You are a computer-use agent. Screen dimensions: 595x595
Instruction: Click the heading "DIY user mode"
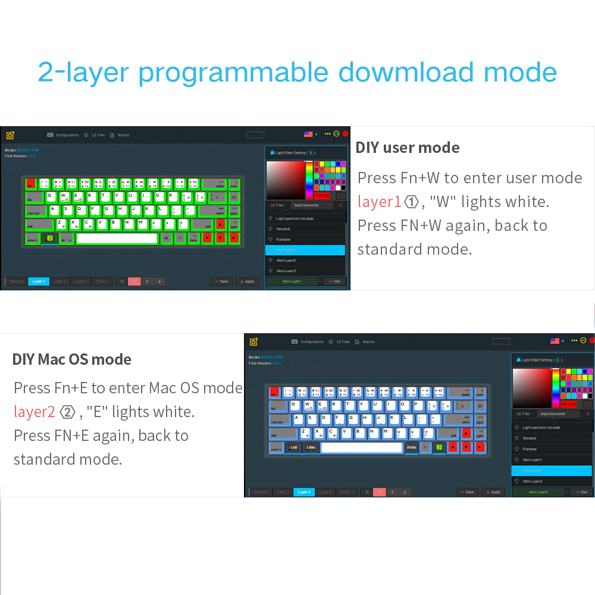pos(408,148)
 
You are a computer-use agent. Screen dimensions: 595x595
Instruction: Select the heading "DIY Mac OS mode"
pos(72,359)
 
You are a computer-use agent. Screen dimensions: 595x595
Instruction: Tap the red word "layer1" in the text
pos(379,202)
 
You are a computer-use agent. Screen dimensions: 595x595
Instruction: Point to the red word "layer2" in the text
pos(35,412)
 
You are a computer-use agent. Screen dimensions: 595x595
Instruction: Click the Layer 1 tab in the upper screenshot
pos(39,281)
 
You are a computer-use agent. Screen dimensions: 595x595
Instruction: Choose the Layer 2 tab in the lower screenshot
pos(304,492)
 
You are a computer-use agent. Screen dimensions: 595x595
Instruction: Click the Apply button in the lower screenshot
pos(493,492)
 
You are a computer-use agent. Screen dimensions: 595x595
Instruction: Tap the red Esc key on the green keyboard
pos(30,183)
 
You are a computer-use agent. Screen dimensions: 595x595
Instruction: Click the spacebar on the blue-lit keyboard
pos(362,447)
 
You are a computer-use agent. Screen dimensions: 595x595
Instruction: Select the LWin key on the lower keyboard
pos(311,447)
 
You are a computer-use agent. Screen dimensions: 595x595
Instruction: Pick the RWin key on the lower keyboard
pos(412,447)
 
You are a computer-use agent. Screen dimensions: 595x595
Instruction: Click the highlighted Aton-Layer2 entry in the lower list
pos(552,471)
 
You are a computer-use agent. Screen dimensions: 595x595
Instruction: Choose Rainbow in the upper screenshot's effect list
pos(283,239)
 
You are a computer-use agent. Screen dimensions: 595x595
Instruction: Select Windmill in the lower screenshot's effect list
pos(530,438)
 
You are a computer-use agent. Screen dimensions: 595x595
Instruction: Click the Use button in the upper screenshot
pos(334,281)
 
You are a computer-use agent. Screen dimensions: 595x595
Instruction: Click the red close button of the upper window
pos(345,134)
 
